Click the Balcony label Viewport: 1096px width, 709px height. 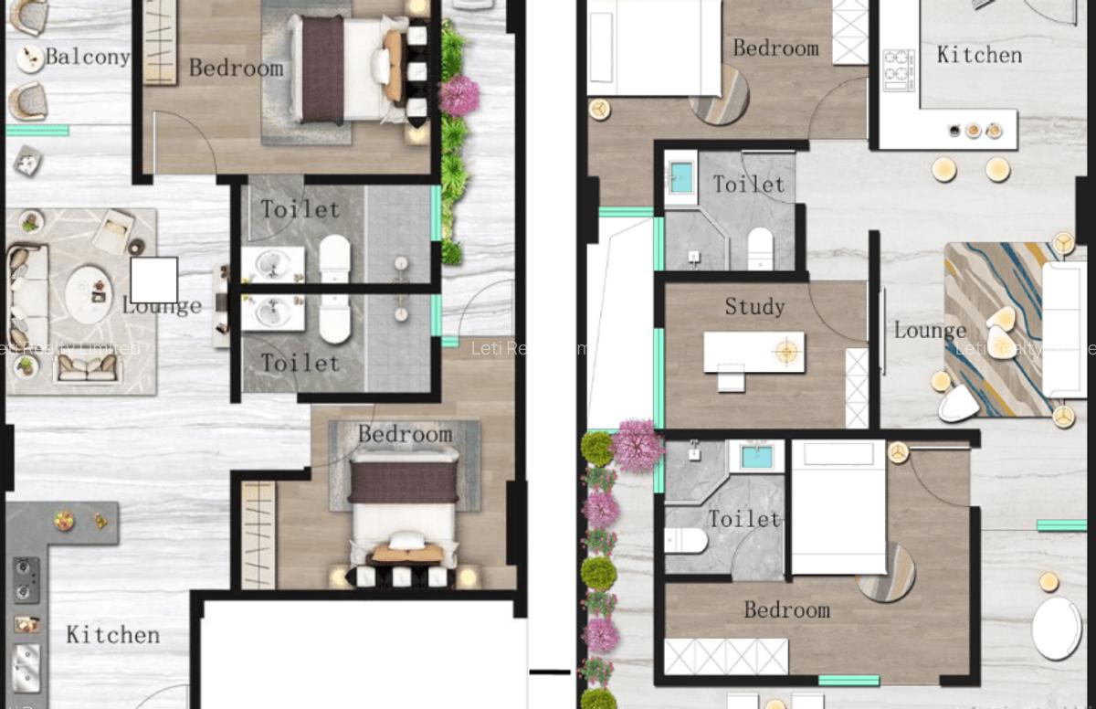pyautogui.click(x=87, y=57)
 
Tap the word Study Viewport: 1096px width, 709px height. pyautogui.click(x=754, y=306)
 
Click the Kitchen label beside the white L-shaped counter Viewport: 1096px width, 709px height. pyautogui.click(x=979, y=55)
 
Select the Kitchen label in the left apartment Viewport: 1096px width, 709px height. pyautogui.click(x=112, y=634)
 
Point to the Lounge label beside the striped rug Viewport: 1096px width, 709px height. pyautogui.click(x=930, y=330)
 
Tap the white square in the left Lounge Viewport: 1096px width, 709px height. pyautogui.click(x=153, y=280)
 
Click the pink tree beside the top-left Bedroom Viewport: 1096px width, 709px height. pyautogui.click(x=459, y=95)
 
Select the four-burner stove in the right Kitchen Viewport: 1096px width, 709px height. pyautogui.click(x=900, y=68)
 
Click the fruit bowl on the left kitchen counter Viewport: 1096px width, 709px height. pyautogui.click(x=64, y=521)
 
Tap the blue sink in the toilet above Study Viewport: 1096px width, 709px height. pyautogui.click(x=680, y=176)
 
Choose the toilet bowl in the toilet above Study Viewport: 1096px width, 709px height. pyautogui.click(x=760, y=248)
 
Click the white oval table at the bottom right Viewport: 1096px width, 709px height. pyautogui.click(x=1057, y=628)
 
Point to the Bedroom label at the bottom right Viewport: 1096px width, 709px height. pyautogui.click(x=786, y=609)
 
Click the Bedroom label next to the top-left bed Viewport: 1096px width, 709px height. pyautogui.click(x=236, y=68)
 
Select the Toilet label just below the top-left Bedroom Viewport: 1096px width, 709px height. pyautogui.click(x=300, y=208)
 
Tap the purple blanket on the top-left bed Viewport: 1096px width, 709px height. pyautogui.click(x=321, y=69)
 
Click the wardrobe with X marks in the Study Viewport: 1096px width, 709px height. pyautogui.click(x=857, y=387)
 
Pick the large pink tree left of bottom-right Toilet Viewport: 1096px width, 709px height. pyautogui.click(x=638, y=445)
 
